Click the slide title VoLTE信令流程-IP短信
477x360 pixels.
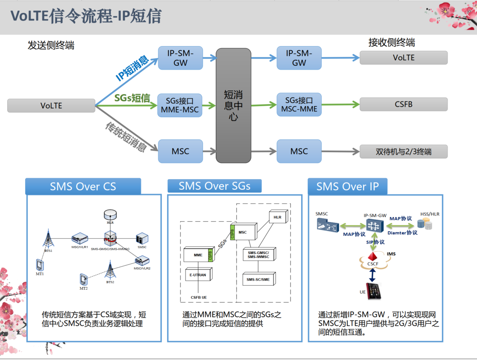(86, 16)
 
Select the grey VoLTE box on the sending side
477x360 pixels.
(51, 105)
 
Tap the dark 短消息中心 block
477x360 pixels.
(233, 105)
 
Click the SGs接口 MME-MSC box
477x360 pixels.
(180, 105)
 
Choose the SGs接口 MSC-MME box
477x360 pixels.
(299, 105)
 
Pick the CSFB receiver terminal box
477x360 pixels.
(403, 104)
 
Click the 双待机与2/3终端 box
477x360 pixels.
(403, 151)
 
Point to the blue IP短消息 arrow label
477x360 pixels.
(133, 68)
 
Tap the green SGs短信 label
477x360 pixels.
(132, 98)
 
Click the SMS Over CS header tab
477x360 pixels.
(83, 186)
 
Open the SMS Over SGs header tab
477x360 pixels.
(214, 186)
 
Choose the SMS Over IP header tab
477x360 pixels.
(347, 186)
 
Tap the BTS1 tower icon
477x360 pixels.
(48, 239)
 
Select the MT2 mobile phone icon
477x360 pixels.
(83, 279)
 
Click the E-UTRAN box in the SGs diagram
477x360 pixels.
(198, 275)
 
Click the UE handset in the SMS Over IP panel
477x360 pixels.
(374, 290)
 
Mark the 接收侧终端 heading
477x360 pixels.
(391, 43)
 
